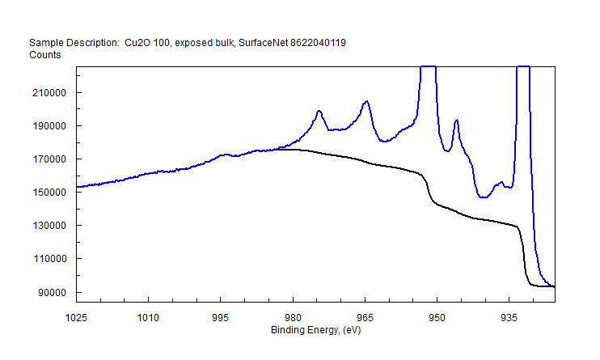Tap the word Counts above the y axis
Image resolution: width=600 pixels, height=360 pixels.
(44, 54)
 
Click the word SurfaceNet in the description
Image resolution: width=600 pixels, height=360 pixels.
(264, 42)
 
